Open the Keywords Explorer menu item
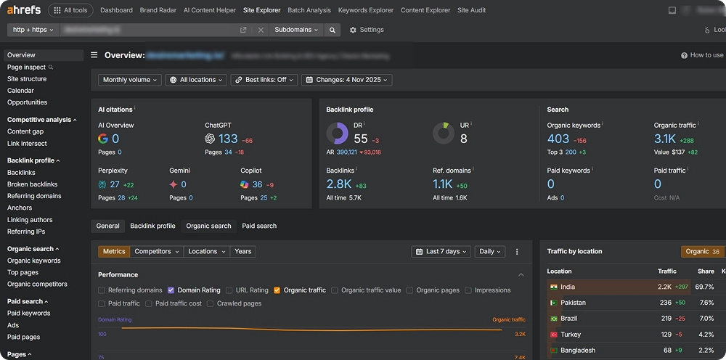(366, 10)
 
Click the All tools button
(70, 10)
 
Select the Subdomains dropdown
(296, 30)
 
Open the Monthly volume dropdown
(130, 80)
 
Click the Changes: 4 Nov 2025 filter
(347, 80)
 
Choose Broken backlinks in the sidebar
(32, 184)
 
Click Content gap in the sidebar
(25, 131)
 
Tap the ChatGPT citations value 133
(227, 139)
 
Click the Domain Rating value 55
(361, 139)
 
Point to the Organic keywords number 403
(558, 139)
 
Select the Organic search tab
(208, 226)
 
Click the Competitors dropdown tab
(156, 251)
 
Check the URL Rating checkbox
(229, 290)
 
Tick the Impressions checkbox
(468, 290)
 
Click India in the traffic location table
(567, 287)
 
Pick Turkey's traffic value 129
(665, 335)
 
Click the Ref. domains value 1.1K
(442, 184)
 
